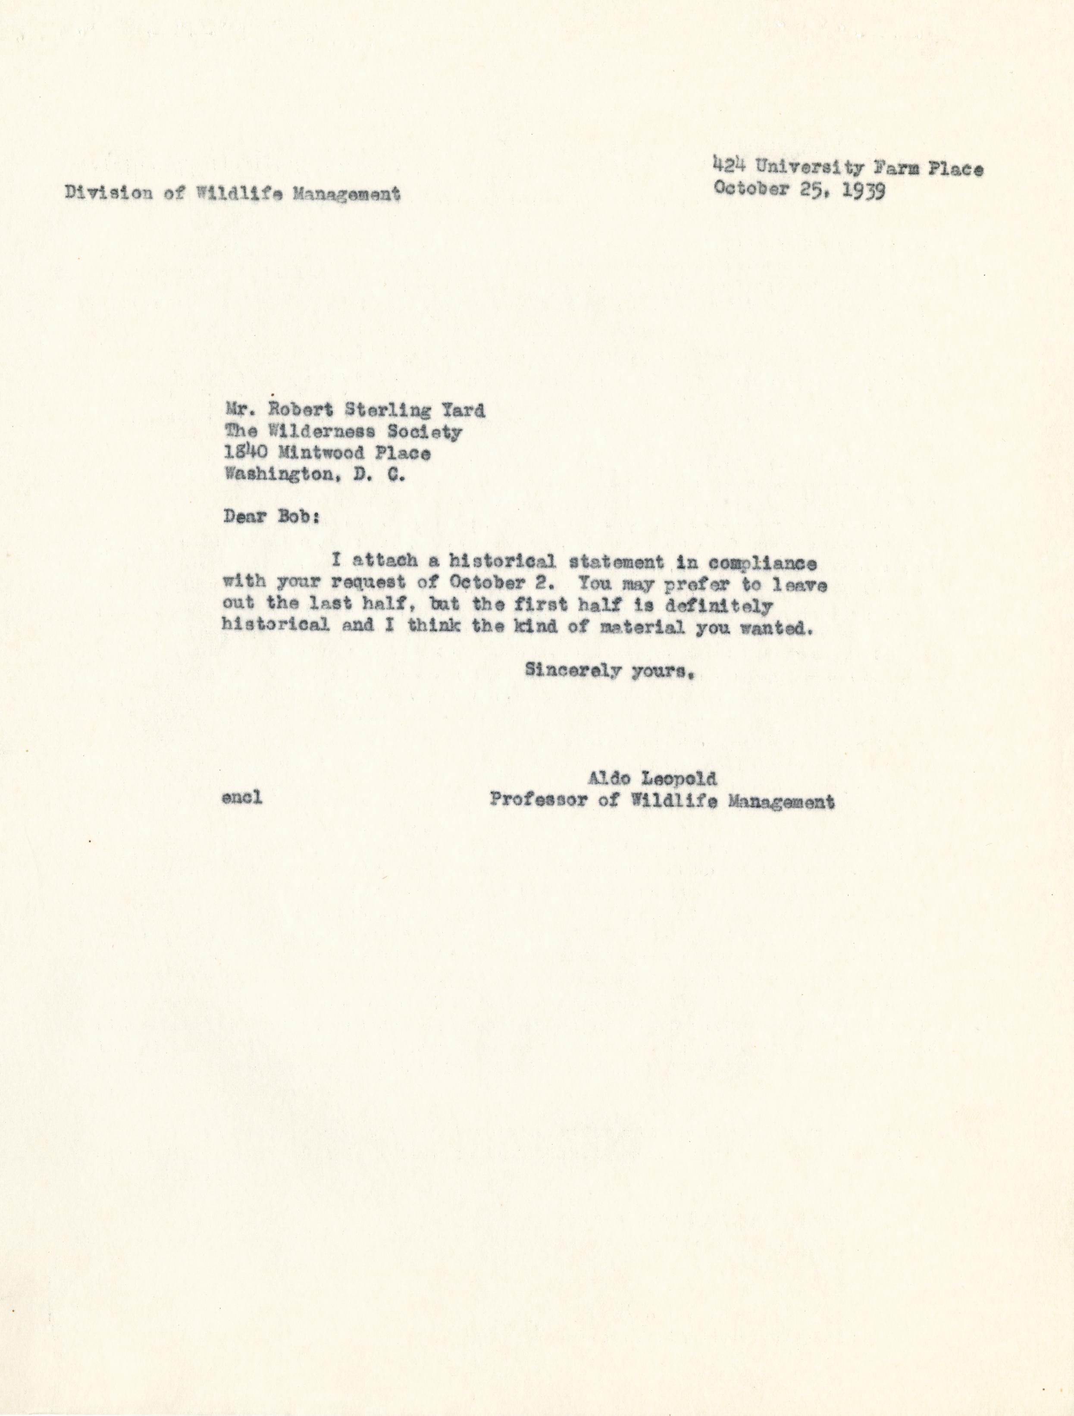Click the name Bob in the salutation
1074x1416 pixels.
pyautogui.click(x=297, y=518)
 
